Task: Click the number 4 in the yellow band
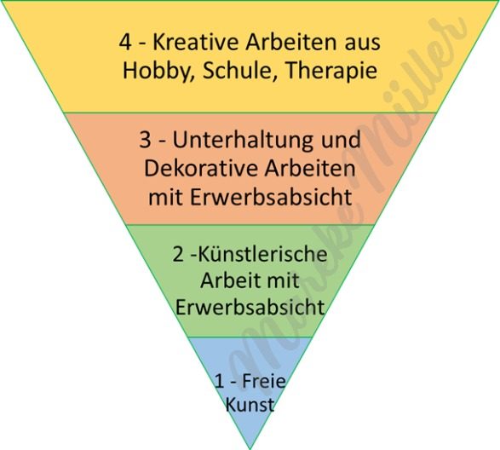tap(125, 43)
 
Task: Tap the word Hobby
tap(157, 72)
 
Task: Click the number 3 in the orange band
tap(145, 140)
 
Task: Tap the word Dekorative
tap(200, 168)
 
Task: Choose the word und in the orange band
tap(342, 140)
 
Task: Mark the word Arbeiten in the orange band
tap(310, 168)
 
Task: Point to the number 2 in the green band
tap(178, 255)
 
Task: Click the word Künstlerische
tap(263, 254)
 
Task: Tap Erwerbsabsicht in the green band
tap(250, 307)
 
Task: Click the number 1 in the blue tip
tap(220, 381)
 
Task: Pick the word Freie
tap(264, 380)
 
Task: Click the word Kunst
tap(250, 405)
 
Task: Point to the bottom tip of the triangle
tap(250, 449)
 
